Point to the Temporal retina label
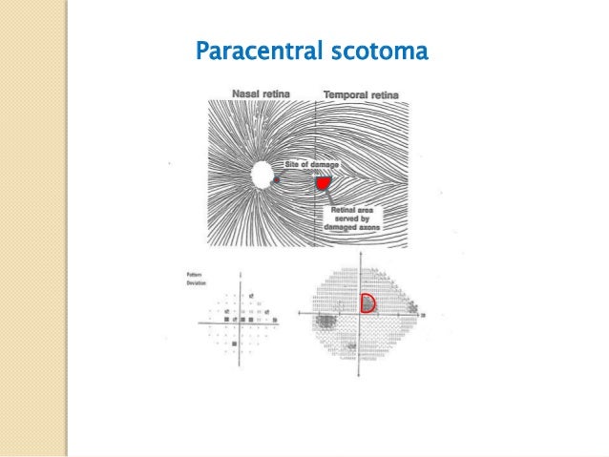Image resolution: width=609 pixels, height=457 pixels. point(361,94)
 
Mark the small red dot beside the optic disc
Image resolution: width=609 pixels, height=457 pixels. point(277,178)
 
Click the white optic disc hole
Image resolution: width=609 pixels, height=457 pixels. point(261,176)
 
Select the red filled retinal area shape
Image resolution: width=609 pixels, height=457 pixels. point(324,181)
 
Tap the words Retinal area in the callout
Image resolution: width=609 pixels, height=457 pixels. point(350,210)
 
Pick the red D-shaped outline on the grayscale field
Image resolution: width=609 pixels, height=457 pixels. point(367,303)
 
